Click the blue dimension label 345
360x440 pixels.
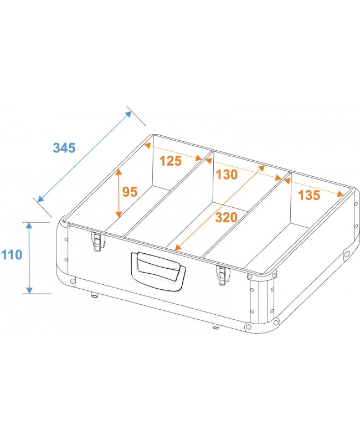64,148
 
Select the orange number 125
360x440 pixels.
171,161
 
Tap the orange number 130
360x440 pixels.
227,175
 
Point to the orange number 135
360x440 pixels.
308,195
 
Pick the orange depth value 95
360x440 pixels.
130,192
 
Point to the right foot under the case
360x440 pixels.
215,325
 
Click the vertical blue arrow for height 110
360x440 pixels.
29,258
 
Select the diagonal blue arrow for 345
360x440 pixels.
85,156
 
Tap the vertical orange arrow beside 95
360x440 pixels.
118,193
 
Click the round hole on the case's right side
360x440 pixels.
347,254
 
